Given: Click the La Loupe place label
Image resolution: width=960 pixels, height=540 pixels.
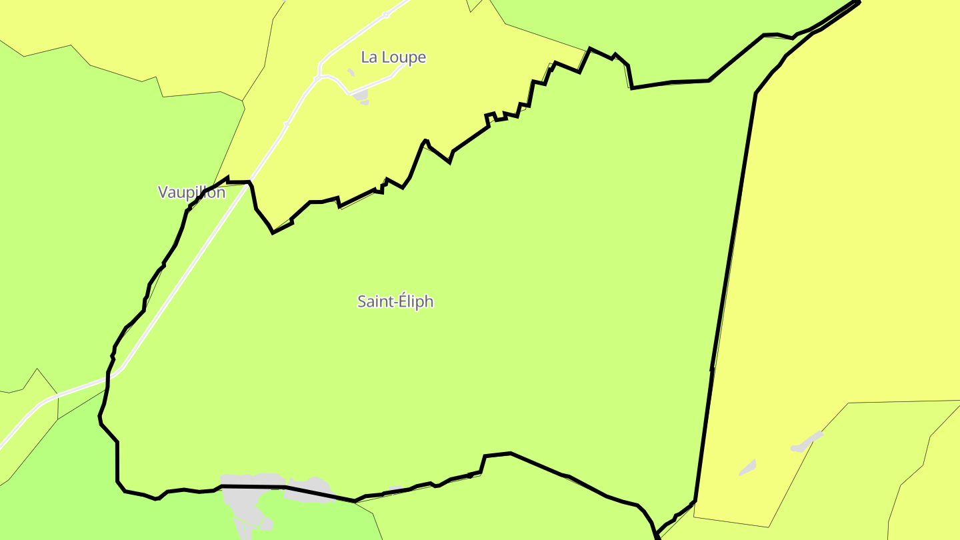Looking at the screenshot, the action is (393, 57).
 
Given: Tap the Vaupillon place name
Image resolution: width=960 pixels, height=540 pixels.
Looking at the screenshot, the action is (191, 193).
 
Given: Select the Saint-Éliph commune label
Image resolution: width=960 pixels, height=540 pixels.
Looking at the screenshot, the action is (395, 301).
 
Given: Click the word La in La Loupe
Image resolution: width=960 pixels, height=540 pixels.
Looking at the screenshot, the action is (369, 57).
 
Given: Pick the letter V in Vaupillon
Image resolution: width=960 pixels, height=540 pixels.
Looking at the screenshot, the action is (163, 193).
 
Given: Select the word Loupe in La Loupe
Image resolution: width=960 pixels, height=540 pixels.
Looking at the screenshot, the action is (404, 57).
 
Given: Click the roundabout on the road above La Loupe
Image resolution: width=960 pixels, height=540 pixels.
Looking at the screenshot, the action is (385, 15).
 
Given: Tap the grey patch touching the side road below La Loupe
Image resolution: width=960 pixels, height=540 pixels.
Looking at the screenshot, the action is (361, 97).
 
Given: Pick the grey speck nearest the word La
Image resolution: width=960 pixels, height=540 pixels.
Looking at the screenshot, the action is (351, 72).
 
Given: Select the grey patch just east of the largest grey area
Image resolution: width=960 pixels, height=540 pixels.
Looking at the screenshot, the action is (310, 489).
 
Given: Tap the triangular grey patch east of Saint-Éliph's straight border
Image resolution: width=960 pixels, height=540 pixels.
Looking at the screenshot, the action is (748, 467).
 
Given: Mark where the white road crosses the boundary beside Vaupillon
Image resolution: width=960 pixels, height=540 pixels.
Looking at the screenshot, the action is (249, 183).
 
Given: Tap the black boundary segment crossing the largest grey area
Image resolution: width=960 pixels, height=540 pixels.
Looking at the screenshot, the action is (253, 487).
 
